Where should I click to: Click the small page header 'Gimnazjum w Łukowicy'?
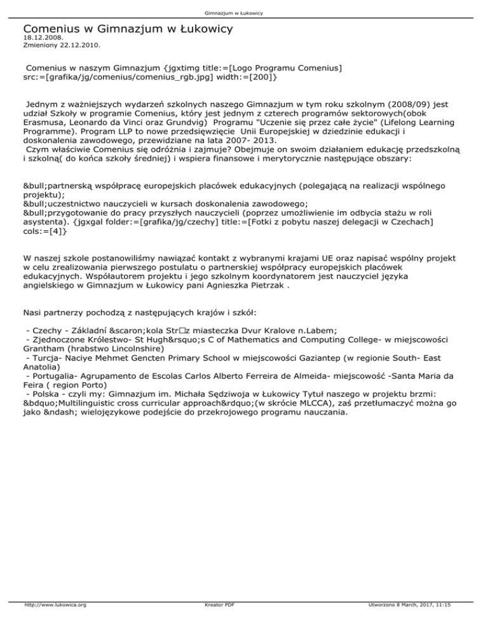tap(244, 13)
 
